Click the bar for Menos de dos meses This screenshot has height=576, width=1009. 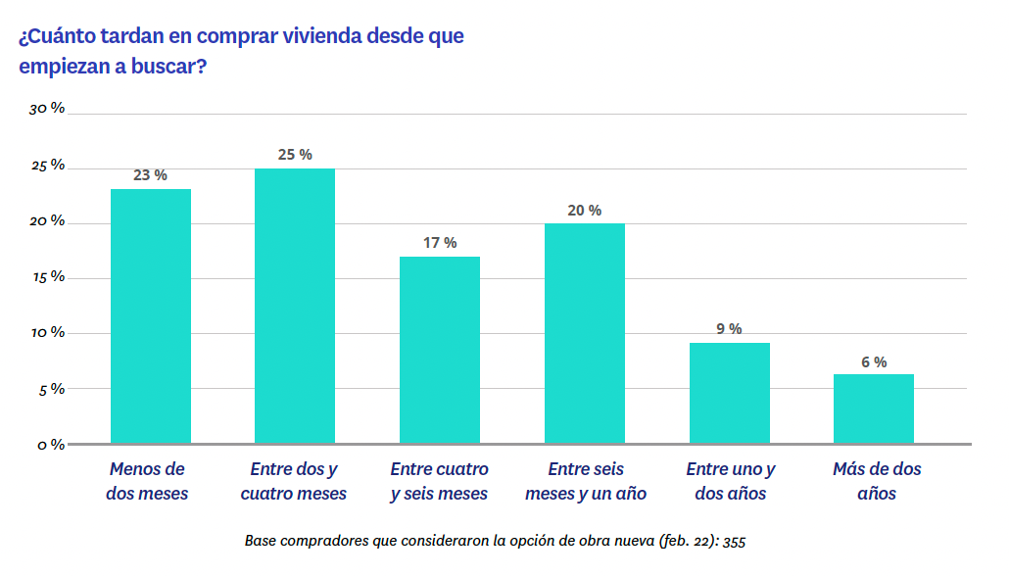tap(150, 315)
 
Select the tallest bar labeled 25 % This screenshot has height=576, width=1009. tap(294, 306)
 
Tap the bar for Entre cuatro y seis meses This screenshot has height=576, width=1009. tap(439, 350)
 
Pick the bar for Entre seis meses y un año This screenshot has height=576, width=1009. tap(584, 333)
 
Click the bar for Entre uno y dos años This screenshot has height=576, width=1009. tap(729, 393)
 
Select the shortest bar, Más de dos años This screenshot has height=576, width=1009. tap(873, 408)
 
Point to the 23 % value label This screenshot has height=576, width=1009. tap(150, 175)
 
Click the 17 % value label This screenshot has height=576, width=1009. tap(440, 243)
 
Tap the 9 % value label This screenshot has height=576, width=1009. tap(729, 329)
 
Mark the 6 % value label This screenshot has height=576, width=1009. tap(874, 361)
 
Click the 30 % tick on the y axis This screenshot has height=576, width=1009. tap(47, 109)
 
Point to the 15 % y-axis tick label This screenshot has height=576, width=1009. tap(47, 277)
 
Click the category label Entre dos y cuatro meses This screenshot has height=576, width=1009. tap(294, 481)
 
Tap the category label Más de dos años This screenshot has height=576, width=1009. tap(877, 481)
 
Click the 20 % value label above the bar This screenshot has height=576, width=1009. tap(585, 211)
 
